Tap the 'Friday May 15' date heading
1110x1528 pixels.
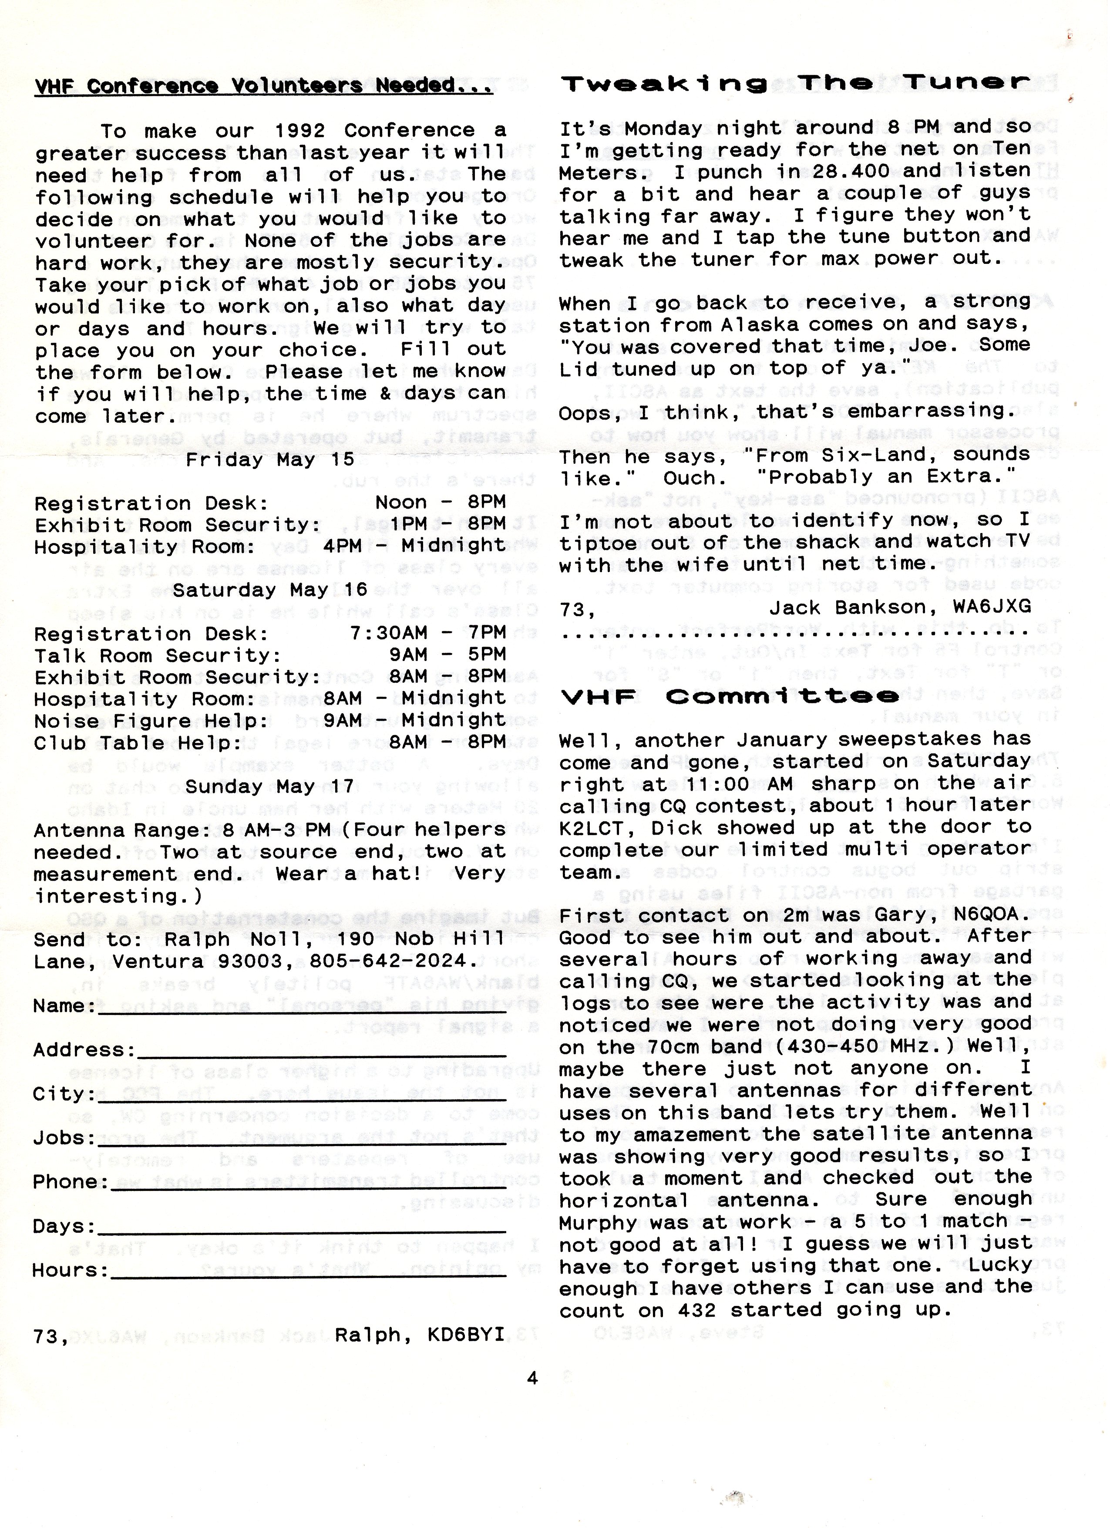(x=270, y=459)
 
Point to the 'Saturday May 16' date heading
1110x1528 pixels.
(x=270, y=590)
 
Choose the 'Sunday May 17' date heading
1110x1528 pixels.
(x=270, y=786)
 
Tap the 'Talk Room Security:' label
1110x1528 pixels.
(x=158, y=655)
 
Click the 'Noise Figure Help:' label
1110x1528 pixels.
(x=151, y=720)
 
